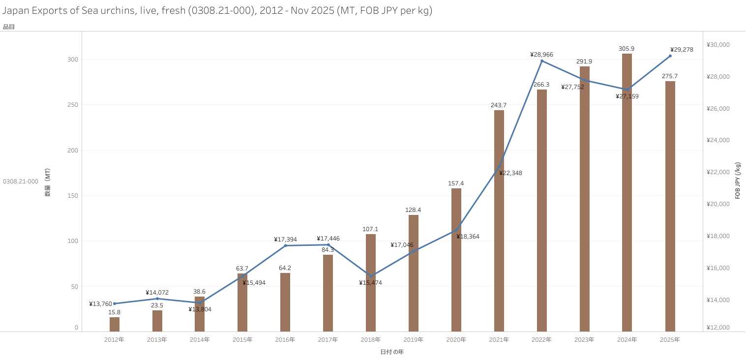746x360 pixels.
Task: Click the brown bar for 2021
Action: click(499, 221)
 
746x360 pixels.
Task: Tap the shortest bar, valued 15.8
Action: click(115, 325)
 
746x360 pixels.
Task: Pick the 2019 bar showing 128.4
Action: click(414, 273)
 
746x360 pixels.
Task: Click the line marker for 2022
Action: click(542, 61)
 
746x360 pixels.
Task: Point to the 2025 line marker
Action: click(670, 56)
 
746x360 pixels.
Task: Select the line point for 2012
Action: click(115, 303)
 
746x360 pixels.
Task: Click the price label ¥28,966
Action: click(541, 55)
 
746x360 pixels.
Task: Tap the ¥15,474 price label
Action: click(370, 283)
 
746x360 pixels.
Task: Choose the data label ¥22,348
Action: click(510, 173)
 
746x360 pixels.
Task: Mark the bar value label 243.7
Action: click(499, 105)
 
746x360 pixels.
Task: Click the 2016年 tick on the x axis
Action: click(285, 340)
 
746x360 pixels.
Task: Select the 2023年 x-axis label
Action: click(584, 340)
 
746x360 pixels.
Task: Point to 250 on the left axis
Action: click(73, 105)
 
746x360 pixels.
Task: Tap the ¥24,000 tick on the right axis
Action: click(718, 140)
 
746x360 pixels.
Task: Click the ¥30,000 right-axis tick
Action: click(718, 45)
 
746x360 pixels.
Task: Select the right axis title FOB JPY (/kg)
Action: click(738, 180)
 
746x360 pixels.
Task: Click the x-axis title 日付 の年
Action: click(392, 352)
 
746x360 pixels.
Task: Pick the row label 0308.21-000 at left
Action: click(21, 181)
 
